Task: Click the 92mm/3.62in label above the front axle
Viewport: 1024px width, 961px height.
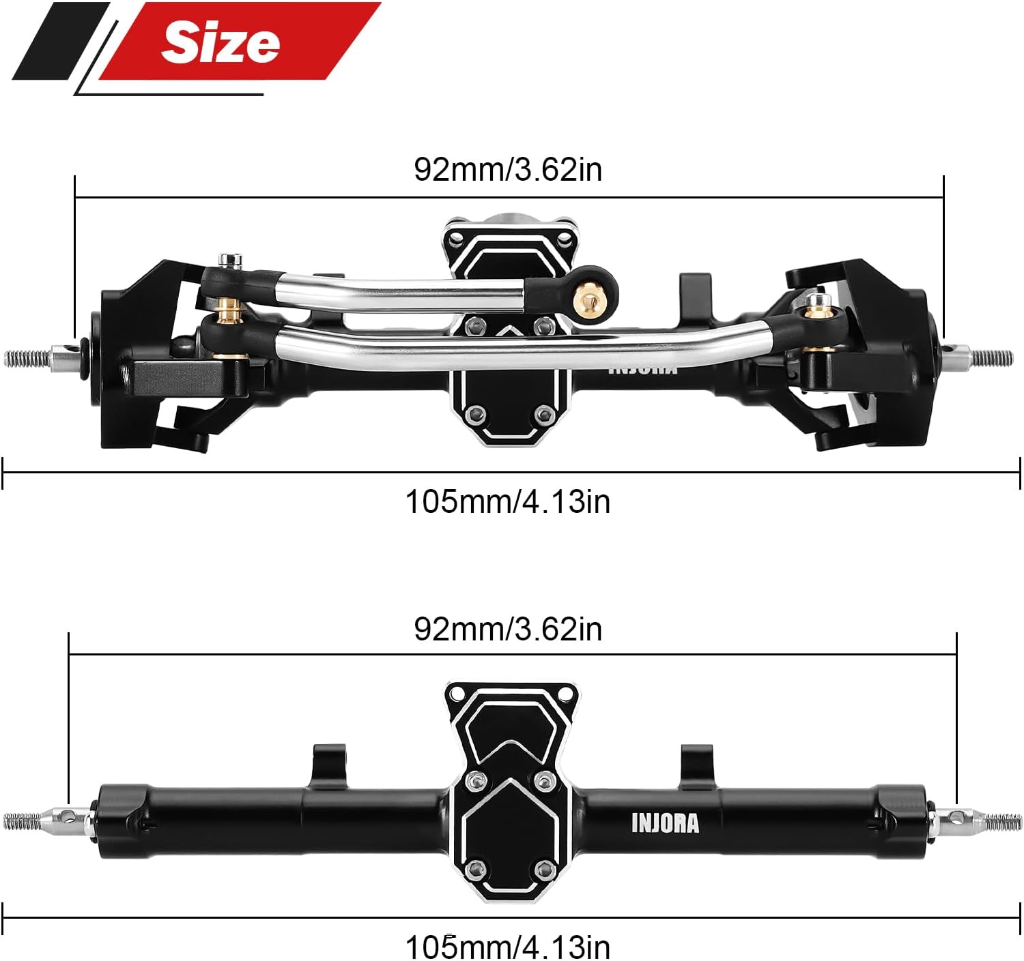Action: (508, 169)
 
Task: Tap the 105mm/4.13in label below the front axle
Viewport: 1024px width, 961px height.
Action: (508, 501)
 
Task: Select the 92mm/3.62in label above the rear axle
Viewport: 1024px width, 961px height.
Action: (508, 629)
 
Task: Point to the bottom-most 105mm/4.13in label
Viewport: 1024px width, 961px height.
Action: (508, 947)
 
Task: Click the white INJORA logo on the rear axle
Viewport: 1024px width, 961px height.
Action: (665, 823)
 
